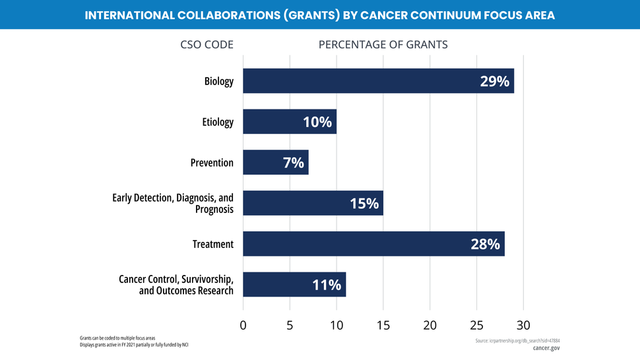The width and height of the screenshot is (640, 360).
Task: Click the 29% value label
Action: click(x=494, y=81)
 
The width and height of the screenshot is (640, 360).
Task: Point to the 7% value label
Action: click(x=293, y=162)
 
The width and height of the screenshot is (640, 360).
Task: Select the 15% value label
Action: click(x=364, y=203)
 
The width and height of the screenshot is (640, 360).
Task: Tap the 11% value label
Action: click(x=327, y=285)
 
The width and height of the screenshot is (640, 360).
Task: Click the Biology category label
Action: click(x=218, y=82)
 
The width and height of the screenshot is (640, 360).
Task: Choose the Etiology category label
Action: click(x=217, y=122)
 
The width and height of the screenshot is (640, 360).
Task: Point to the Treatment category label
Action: click(x=212, y=244)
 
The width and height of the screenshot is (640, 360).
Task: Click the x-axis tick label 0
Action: click(x=243, y=325)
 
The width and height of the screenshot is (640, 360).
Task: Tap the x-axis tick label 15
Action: click(x=383, y=325)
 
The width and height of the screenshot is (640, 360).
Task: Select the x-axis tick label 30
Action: click(x=523, y=325)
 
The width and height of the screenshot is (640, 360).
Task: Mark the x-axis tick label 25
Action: click(x=476, y=325)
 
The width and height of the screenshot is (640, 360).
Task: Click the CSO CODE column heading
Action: click(x=207, y=45)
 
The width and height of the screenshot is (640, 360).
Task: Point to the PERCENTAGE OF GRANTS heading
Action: click(x=383, y=45)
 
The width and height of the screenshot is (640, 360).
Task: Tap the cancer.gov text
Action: click(x=546, y=348)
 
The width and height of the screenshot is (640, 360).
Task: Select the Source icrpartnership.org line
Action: click(x=517, y=340)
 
